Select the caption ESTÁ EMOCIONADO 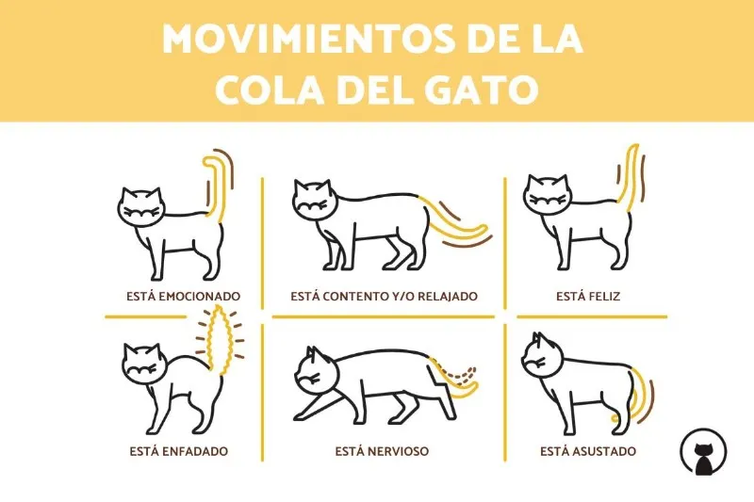pos(183,297)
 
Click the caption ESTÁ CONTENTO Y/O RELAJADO pos(384,297)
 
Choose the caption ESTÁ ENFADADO pos(178,451)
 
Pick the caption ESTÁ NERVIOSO pos(382,451)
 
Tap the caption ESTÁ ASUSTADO pos(587,451)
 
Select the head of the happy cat pos(548,196)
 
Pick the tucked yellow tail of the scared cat pos(641,396)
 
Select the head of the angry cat pos(144,364)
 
